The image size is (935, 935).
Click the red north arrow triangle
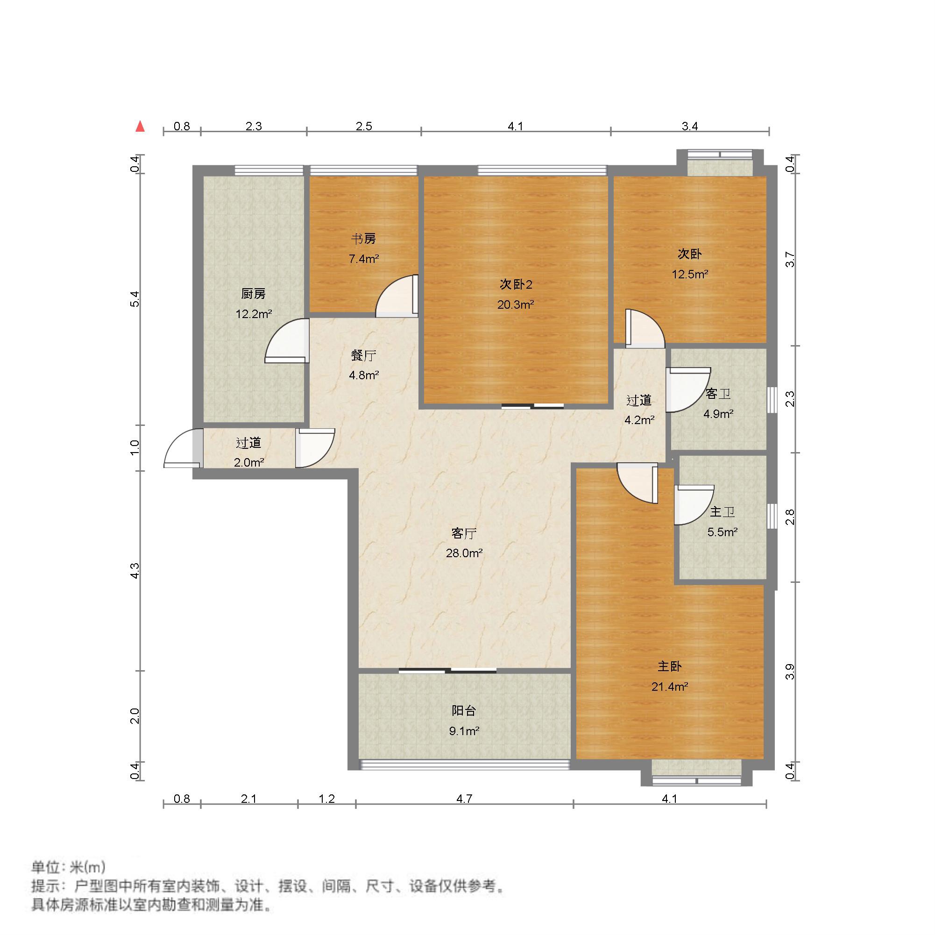[x=141, y=126]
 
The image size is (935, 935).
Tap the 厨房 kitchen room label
[x=253, y=294]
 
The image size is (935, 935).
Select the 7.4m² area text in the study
[x=364, y=259]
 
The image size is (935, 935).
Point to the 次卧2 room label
[x=516, y=284]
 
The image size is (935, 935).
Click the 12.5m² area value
[x=690, y=275]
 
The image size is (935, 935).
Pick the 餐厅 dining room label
[x=364, y=356]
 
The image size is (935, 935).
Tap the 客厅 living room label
[x=464, y=533]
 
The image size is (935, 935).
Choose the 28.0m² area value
[x=464, y=552]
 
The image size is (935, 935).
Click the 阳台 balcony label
[x=464, y=710]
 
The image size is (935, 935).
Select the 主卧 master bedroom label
[x=670, y=666]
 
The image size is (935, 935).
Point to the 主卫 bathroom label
[x=722, y=512]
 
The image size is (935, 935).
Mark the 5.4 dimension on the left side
[x=136, y=298]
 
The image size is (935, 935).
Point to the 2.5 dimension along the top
[x=364, y=126]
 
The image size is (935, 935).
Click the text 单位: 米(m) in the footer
[x=68, y=867]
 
